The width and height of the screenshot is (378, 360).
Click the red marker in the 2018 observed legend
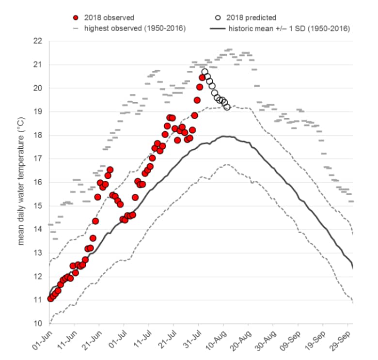click(x=75, y=18)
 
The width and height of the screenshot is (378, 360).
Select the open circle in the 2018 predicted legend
click(x=219, y=18)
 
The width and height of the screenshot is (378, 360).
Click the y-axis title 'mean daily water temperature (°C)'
click(x=21, y=181)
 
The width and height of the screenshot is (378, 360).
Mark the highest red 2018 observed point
click(x=202, y=78)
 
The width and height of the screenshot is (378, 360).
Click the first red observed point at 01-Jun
click(x=50, y=298)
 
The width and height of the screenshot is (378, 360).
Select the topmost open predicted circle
click(x=205, y=72)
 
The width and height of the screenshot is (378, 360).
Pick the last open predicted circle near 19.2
click(x=227, y=107)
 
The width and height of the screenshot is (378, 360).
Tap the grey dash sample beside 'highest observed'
click(x=75, y=28)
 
